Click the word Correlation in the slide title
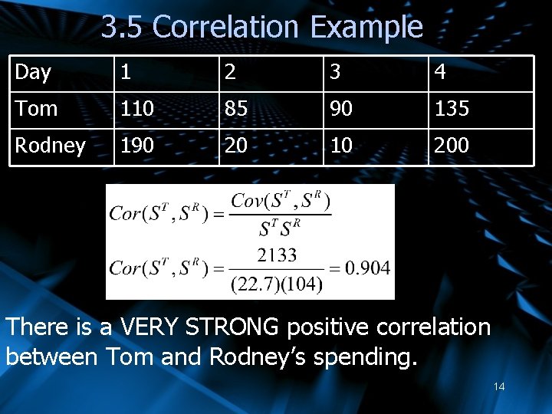(x=226, y=28)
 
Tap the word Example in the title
(x=366, y=28)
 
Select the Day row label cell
(x=33, y=73)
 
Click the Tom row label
(x=36, y=109)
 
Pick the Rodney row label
(x=50, y=146)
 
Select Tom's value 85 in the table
(x=235, y=109)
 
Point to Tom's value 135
(x=452, y=109)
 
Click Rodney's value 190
(x=137, y=146)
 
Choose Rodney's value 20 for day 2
(x=235, y=146)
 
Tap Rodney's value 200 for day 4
(x=452, y=146)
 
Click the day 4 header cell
(x=440, y=73)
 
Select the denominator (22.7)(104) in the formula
(x=277, y=284)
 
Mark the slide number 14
(x=499, y=386)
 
